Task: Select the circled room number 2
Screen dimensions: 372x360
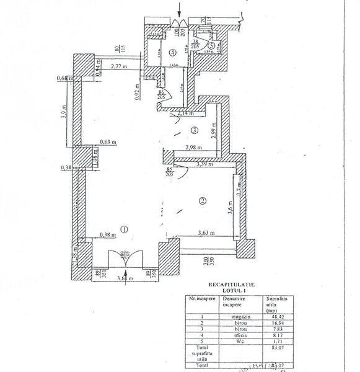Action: (202, 200)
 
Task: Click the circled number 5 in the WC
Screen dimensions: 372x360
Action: (212, 45)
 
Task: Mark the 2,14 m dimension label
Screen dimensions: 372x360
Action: (185, 114)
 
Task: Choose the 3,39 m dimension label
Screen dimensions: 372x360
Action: (205, 165)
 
